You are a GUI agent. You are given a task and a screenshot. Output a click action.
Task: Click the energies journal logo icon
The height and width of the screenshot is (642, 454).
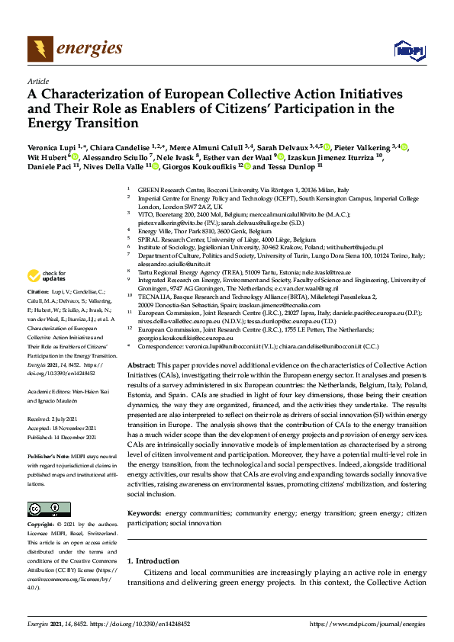pos(40,49)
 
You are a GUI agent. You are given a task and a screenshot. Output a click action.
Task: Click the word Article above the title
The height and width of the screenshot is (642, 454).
pos(37,80)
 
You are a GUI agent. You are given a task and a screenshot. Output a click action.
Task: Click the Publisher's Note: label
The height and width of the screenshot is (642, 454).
pos(50,449)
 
